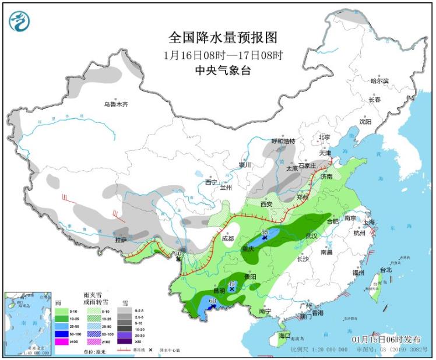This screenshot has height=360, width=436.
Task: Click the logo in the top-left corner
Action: click(x=19, y=22)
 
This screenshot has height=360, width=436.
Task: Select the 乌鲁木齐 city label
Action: click(x=115, y=105)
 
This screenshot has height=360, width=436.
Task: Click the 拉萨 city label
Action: click(x=121, y=239)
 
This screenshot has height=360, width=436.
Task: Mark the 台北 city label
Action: click(x=385, y=270)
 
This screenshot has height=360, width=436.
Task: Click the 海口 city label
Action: click(x=284, y=337)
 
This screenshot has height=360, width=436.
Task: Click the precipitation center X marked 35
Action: click(x=265, y=238)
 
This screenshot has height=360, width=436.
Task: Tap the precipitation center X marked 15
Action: click(x=232, y=288)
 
